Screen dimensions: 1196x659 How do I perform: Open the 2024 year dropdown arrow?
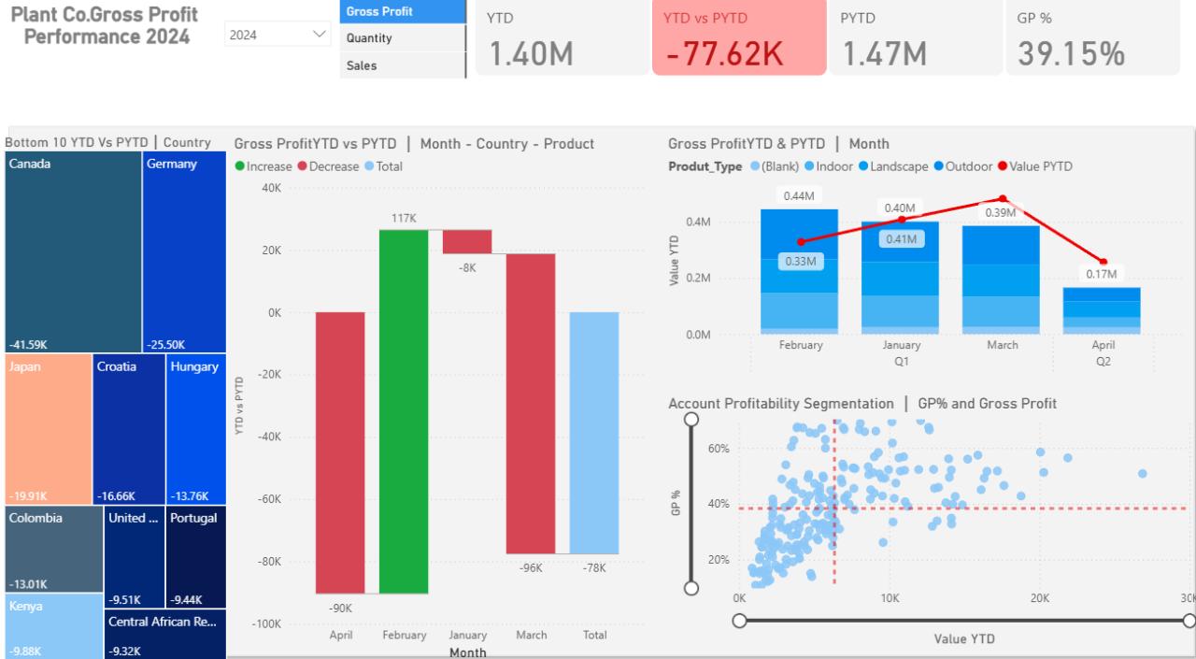319,35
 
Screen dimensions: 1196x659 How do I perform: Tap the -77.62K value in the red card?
724,54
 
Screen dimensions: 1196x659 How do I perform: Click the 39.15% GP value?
1071,54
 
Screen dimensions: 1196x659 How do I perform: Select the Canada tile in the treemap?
73,251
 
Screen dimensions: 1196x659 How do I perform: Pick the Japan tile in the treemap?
48,429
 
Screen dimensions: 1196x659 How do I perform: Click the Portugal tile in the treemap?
196,557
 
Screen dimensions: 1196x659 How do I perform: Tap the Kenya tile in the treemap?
54,626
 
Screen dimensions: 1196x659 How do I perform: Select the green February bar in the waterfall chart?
404,411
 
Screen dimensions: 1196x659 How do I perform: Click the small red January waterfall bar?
467,241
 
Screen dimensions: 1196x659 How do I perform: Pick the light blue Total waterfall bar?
594,433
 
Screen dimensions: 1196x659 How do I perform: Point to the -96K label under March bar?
531,568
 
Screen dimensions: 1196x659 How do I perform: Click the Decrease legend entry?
328,166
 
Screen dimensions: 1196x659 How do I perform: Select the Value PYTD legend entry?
1034,166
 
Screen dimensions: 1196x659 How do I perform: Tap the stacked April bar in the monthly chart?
1102,311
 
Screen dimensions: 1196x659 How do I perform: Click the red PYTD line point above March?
1003,199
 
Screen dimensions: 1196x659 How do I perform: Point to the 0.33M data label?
801,261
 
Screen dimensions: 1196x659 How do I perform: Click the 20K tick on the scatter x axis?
1040,598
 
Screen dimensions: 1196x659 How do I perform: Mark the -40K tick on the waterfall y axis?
269,437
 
